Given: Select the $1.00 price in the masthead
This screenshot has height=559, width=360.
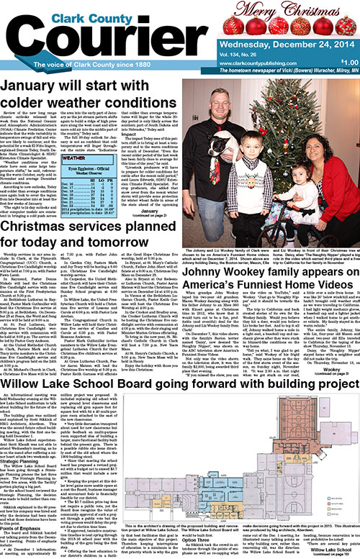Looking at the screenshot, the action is (348, 62).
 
